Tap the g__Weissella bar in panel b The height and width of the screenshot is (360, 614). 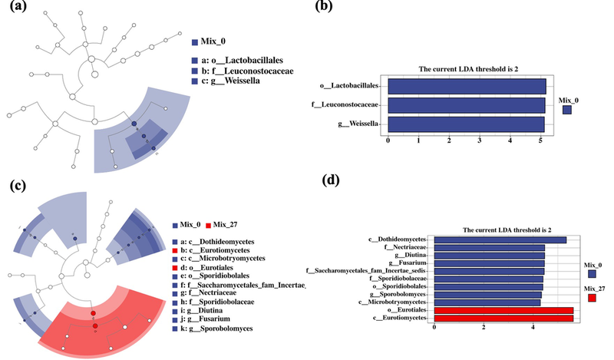coord(467,124)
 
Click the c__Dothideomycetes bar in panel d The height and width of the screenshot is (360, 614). coord(500,239)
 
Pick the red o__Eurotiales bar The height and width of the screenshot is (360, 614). coord(503,310)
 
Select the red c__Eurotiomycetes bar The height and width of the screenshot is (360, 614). coord(503,318)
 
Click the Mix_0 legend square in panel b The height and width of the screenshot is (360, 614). coord(566,110)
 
